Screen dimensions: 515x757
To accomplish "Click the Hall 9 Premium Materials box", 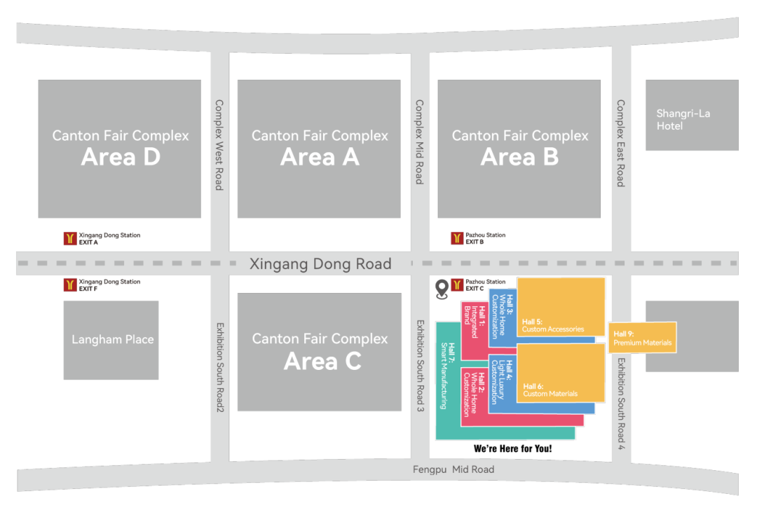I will [x=642, y=338].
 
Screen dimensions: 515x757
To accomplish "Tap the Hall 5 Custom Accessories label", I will [x=553, y=326].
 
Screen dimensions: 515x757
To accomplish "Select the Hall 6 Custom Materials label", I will [x=550, y=390].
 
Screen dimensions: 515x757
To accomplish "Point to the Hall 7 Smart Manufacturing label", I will [x=447, y=376].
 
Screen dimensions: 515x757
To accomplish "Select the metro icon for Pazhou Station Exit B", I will [x=457, y=238].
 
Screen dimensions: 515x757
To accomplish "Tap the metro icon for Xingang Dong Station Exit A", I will [x=69, y=238].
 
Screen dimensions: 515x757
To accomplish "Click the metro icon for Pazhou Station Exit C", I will [x=457, y=284].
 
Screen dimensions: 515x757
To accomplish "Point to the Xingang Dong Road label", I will [x=320, y=264].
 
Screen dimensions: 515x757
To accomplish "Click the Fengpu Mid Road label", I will [x=453, y=469].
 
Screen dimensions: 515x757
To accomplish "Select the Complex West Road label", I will [x=219, y=144].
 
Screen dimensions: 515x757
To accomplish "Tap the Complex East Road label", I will [x=620, y=143].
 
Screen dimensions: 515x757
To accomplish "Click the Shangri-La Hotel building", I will [x=691, y=115].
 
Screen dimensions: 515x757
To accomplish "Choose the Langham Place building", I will [x=111, y=340].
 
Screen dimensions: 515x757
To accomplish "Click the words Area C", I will [x=322, y=361].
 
